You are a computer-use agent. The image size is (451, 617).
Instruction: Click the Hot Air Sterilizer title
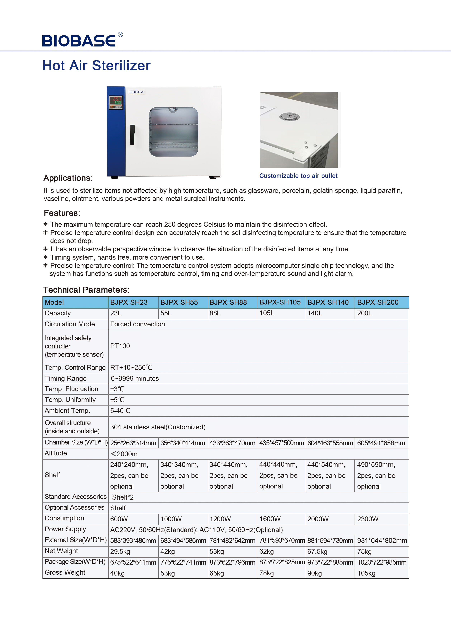[x=96, y=66]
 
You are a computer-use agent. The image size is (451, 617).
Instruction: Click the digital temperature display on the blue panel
[x=116, y=101]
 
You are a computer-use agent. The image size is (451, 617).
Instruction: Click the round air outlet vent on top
[x=289, y=117]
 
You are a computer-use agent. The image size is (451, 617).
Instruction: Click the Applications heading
[x=68, y=178]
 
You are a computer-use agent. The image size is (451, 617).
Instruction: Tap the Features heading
[x=62, y=213]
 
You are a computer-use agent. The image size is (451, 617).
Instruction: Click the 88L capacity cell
[x=215, y=313]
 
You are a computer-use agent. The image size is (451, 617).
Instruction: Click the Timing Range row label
[x=66, y=378]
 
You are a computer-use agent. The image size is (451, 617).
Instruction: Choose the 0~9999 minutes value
[x=135, y=378]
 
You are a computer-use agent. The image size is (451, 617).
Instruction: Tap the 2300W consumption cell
[x=368, y=519]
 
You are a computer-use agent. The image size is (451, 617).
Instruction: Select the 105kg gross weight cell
[x=366, y=573]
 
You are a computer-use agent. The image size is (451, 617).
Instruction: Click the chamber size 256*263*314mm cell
[x=133, y=443]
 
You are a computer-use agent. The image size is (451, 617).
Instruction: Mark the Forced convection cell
[x=138, y=324]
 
